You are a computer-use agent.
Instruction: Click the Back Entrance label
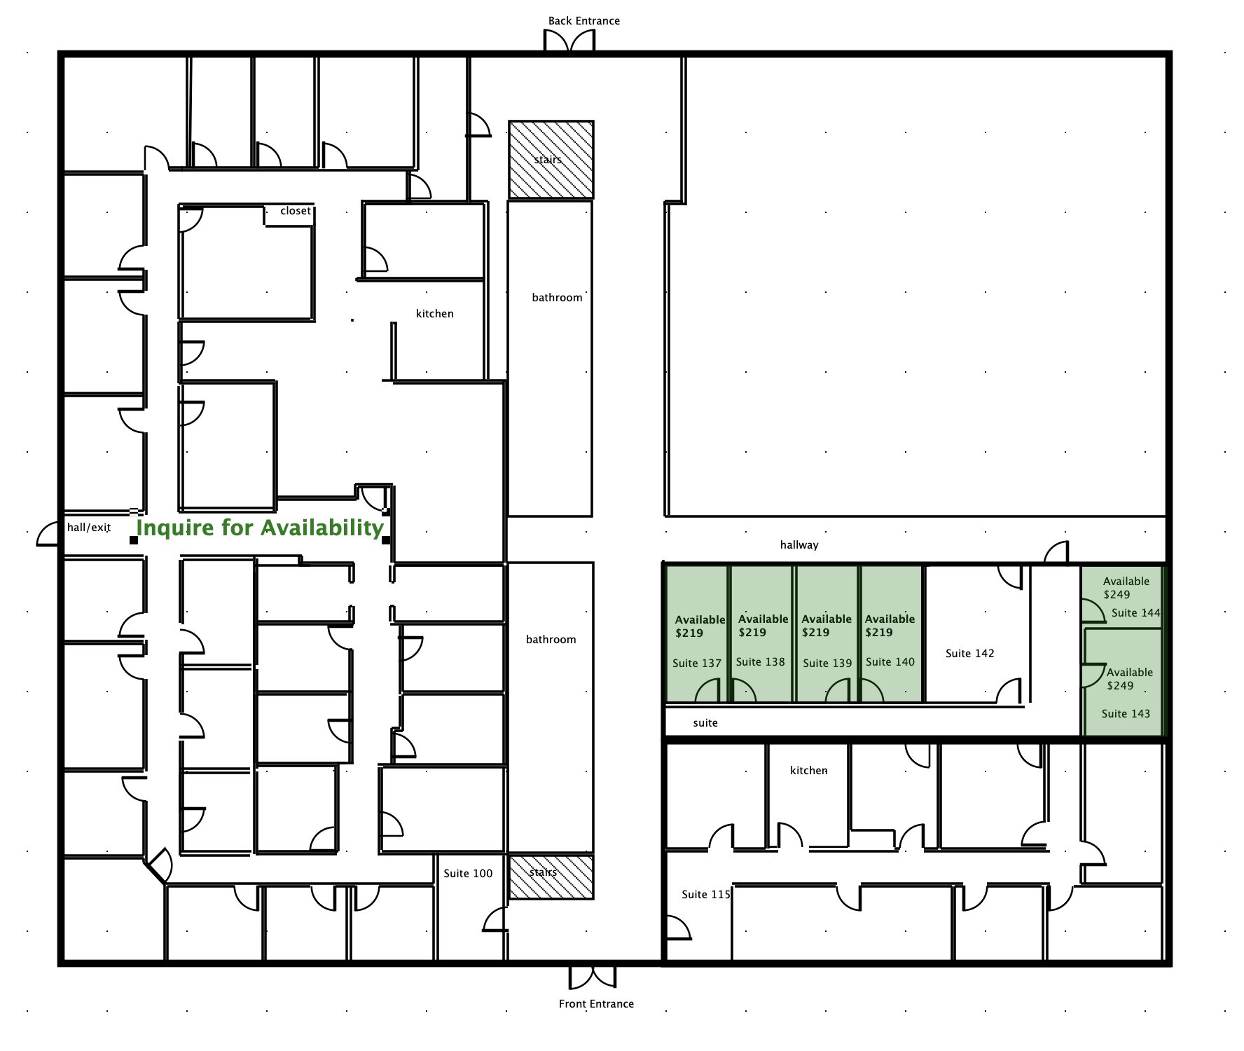click(x=583, y=21)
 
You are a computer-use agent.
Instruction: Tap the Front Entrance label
click(x=596, y=1004)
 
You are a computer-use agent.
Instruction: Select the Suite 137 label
click(x=697, y=664)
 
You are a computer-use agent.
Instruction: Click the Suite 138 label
click(x=760, y=662)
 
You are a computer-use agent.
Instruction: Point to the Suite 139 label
click(x=827, y=664)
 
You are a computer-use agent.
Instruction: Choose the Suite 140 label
click(x=890, y=662)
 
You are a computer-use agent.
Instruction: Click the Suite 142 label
click(x=970, y=654)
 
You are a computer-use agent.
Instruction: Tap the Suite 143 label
click(x=1126, y=714)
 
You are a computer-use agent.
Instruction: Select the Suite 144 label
click(x=1135, y=613)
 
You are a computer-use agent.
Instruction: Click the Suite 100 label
click(x=468, y=874)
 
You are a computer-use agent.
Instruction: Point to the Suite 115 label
click(x=706, y=895)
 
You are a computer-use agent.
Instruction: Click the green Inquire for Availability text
click(x=260, y=528)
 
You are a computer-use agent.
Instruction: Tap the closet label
click(x=296, y=211)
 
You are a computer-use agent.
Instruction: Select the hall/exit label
click(x=89, y=528)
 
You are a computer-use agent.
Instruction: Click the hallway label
click(x=799, y=545)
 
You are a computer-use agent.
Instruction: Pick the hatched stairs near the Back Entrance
click(x=551, y=160)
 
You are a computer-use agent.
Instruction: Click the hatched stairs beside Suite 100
click(x=551, y=877)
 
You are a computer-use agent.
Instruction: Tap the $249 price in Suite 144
click(x=1117, y=595)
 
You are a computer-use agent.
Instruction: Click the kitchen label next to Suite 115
click(x=809, y=771)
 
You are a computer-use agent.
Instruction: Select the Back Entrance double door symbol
click(x=569, y=41)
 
